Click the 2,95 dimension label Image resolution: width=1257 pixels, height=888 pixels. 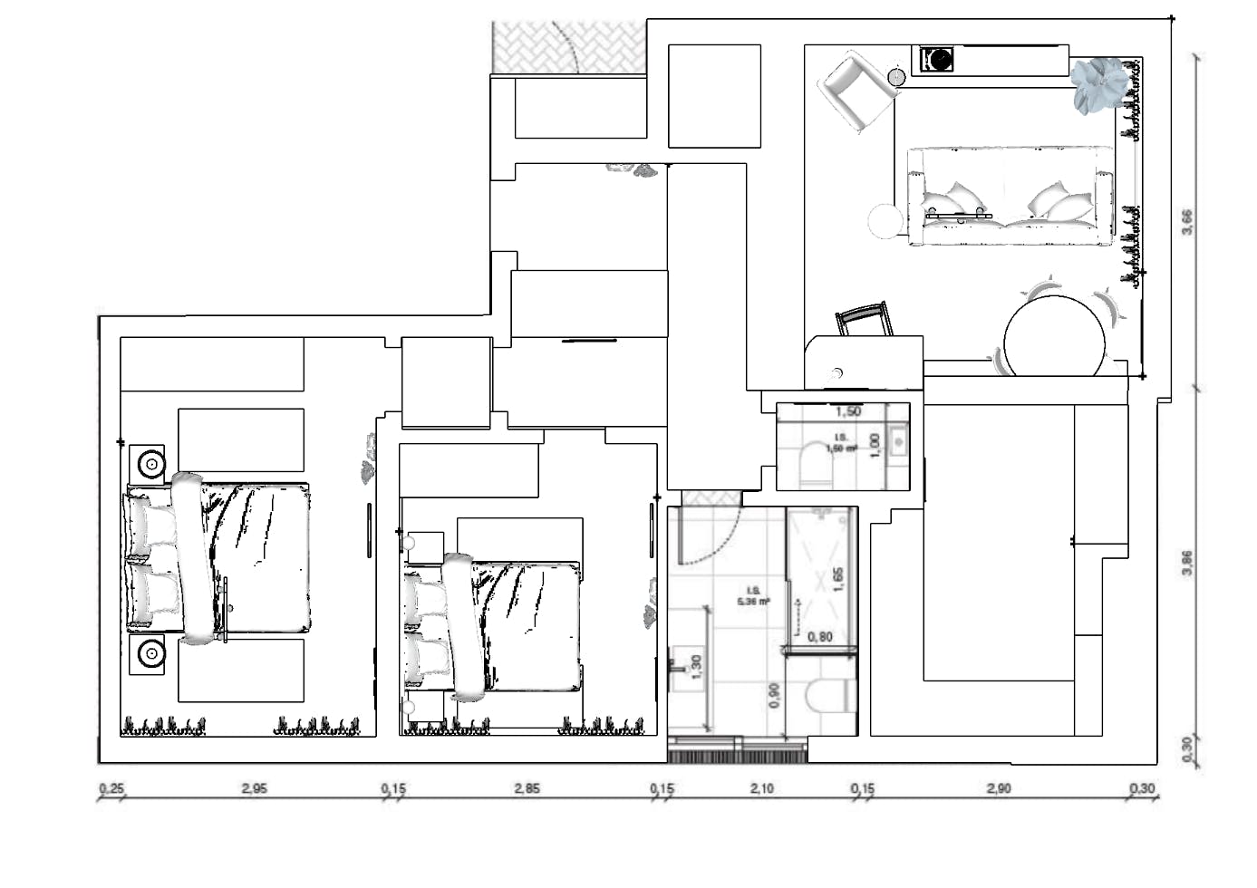pos(254,789)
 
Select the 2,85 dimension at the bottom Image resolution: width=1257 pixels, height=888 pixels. pos(527,789)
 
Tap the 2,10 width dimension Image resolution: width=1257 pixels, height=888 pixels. pos(762,789)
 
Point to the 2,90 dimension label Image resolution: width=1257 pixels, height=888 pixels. pos(999,789)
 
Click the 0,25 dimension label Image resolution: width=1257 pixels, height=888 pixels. pos(111,789)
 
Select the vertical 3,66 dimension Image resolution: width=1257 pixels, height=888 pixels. pos(1188,222)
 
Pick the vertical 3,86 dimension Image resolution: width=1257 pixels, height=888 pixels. pos(1188,563)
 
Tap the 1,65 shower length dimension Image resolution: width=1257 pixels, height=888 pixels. pos(838,580)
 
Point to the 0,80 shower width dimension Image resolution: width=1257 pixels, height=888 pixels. pos(819,637)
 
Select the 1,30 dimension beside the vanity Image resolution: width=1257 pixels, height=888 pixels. pos(696,666)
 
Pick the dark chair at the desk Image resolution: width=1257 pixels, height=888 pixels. pos(864,320)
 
